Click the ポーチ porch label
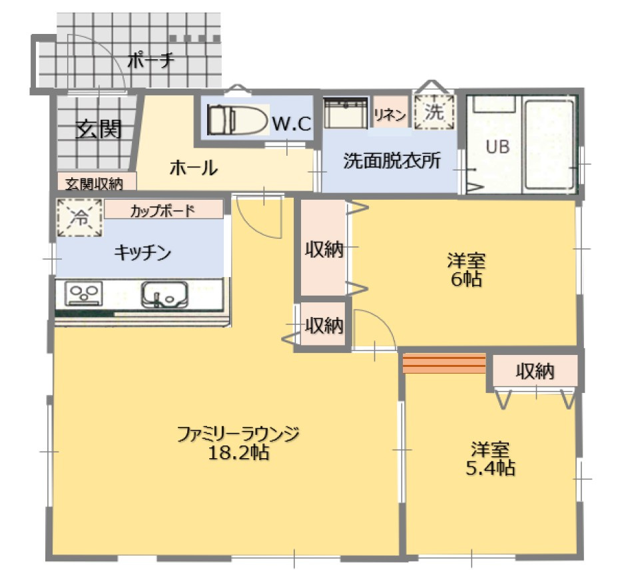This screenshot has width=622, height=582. pyautogui.click(x=151, y=61)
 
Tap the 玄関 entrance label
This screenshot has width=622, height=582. pyautogui.click(x=98, y=129)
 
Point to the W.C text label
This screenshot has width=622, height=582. pyautogui.click(x=292, y=123)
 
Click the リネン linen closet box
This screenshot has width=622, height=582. pyautogui.click(x=390, y=115)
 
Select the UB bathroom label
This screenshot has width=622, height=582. pyautogui.click(x=497, y=147)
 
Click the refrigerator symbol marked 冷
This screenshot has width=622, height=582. pyautogui.click(x=79, y=217)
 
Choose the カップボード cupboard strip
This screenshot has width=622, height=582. pyautogui.click(x=162, y=211)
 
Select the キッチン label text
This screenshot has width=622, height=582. pyautogui.click(x=143, y=252)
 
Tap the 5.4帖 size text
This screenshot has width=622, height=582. pyautogui.click(x=490, y=468)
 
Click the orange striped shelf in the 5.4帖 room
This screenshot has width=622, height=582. pyautogui.click(x=444, y=364)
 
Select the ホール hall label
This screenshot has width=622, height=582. pyautogui.click(x=193, y=168)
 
